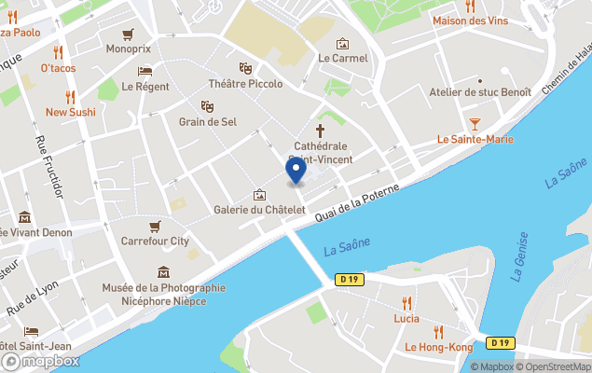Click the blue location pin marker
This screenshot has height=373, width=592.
coord(296,171)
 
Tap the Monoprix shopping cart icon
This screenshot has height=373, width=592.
coord(129,33)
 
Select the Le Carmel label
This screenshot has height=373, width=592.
coord(342,58)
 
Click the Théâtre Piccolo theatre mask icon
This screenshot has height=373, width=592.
coord(245,68)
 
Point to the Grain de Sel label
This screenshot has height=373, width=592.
coord(207,121)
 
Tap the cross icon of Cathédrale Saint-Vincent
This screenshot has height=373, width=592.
coord(321,131)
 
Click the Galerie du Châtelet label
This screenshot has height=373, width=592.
coord(259,210)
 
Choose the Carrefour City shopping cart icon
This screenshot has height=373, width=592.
coord(155,226)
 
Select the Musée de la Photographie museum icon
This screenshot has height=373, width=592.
coord(164,272)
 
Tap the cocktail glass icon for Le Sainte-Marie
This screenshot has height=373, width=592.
coord(475,123)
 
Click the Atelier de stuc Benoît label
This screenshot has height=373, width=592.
coord(480,91)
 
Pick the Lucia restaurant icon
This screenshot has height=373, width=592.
coord(406,302)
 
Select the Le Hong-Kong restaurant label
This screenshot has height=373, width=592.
coord(438,347)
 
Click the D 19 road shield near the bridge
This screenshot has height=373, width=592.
coord(350,279)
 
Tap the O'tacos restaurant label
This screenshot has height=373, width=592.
coord(58,68)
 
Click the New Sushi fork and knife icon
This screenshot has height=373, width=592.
coord(70,96)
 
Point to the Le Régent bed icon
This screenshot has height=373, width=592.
coord(145,71)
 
